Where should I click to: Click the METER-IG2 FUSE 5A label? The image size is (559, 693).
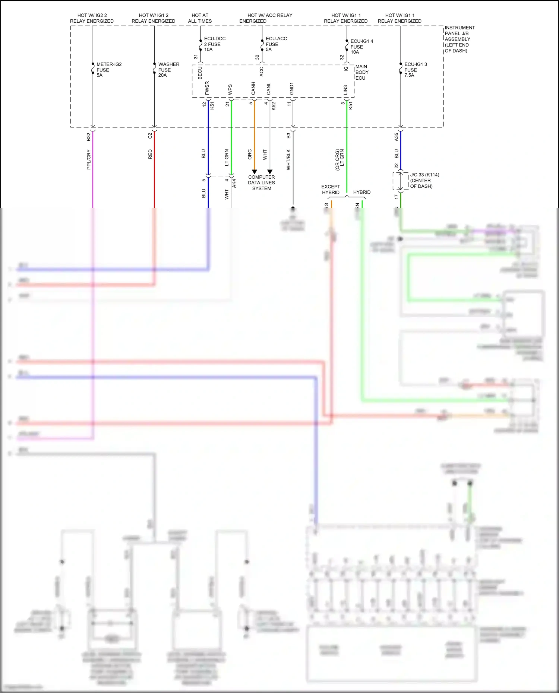108,70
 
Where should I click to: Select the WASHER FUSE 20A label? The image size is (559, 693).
168,70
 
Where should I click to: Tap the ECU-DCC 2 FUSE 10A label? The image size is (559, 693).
214,44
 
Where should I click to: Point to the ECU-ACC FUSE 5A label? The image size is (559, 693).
276,44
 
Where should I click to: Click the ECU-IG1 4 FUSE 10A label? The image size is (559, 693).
361,47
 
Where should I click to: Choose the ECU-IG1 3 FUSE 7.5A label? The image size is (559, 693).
415,70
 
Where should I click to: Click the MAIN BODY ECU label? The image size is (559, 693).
361,72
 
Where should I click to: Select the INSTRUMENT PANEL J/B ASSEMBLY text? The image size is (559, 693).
459,39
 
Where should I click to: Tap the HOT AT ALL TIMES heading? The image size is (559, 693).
200,18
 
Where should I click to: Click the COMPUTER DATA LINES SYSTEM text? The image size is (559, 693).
262,183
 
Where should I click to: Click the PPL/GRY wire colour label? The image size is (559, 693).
89,159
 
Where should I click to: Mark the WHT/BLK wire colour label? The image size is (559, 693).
288,160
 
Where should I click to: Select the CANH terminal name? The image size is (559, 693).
253,88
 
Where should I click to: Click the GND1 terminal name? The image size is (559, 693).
292,88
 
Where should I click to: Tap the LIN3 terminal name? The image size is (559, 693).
345,90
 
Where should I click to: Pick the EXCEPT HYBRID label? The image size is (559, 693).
331,189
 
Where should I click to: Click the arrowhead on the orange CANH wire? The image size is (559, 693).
255,172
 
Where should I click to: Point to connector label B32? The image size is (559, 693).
88,137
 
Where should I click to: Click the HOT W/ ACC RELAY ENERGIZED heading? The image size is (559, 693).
265,18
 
